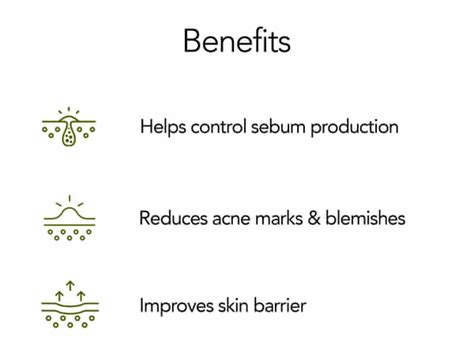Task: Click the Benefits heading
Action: point(237,41)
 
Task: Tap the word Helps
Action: point(162,128)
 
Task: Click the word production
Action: point(356,129)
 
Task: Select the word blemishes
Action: point(366,217)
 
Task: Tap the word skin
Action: point(232,306)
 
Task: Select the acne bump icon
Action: point(69,217)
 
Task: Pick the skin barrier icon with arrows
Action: point(69,305)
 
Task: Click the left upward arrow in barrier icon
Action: point(61,295)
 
